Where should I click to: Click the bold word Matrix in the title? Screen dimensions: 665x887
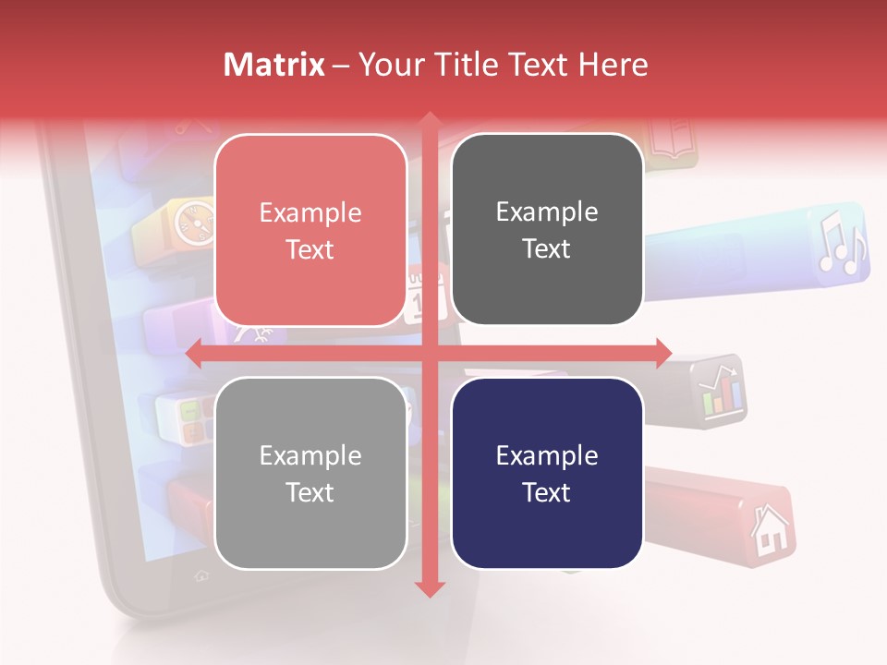[x=274, y=65]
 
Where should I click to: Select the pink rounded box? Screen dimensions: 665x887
[x=310, y=230]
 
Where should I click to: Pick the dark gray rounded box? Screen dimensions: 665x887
[x=547, y=230]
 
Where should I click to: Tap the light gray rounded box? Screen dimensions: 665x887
[x=310, y=473]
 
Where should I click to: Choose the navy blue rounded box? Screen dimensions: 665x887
[x=547, y=473]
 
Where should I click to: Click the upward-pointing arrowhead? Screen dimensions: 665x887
[x=428, y=120]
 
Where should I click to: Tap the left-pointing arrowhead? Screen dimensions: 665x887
[x=195, y=353]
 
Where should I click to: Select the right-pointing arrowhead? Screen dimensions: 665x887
[x=662, y=353]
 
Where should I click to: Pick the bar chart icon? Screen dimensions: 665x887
[x=721, y=392]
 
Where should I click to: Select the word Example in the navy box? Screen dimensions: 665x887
[x=547, y=455]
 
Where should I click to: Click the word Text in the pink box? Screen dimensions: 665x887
[x=310, y=249]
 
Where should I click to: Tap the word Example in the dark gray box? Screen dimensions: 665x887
[x=547, y=212]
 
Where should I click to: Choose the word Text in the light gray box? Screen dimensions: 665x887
[x=310, y=492]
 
